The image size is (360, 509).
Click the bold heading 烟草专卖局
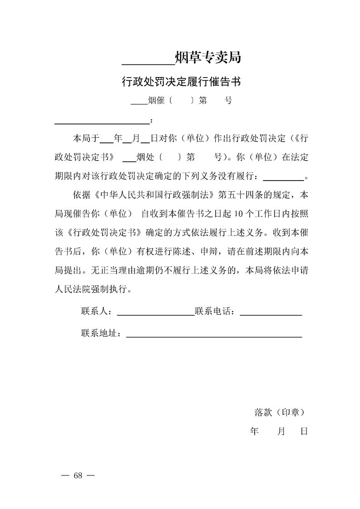click(x=207, y=58)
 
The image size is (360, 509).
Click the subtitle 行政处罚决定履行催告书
click(x=180, y=82)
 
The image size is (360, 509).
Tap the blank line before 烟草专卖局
click(x=148, y=64)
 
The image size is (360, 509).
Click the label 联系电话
click(x=214, y=312)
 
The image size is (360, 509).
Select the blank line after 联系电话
click(x=271, y=314)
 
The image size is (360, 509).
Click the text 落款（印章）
click(x=279, y=412)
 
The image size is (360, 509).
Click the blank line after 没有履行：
click(x=283, y=179)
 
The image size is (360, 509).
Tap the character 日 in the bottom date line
click(x=304, y=431)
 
